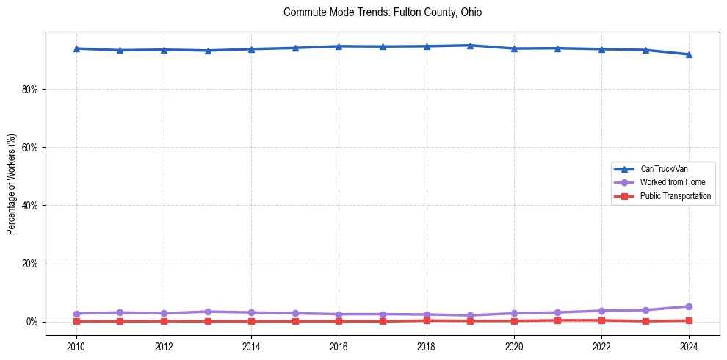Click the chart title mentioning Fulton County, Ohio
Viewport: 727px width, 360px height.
tap(383, 12)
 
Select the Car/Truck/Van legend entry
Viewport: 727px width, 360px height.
tap(664, 169)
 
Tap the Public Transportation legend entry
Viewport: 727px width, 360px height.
tap(675, 196)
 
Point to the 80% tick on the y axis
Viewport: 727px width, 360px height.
tap(31, 90)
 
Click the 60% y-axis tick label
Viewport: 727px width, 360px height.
tap(31, 148)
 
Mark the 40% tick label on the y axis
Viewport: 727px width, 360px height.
tap(31, 206)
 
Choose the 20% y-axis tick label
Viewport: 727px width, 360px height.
tap(31, 264)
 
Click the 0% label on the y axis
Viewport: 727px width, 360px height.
tap(33, 322)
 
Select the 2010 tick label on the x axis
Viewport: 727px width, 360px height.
tap(76, 345)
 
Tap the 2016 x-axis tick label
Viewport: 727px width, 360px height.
tap(339, 345)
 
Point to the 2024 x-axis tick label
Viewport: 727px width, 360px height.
tap(689, 345)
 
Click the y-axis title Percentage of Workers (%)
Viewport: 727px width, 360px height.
tap(12, 184)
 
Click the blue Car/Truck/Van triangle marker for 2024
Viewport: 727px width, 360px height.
tap(689, 54)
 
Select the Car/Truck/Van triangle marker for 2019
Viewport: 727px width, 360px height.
tap(470, 46)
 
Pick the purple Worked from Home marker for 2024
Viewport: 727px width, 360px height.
tap(689, 306)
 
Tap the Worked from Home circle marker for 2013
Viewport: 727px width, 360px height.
tap(208, 312)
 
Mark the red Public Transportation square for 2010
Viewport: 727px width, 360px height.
tap(76, 321)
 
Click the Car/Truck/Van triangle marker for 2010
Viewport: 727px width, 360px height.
tap(76, 48)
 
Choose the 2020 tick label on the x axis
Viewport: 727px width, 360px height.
tap(514, 345)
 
